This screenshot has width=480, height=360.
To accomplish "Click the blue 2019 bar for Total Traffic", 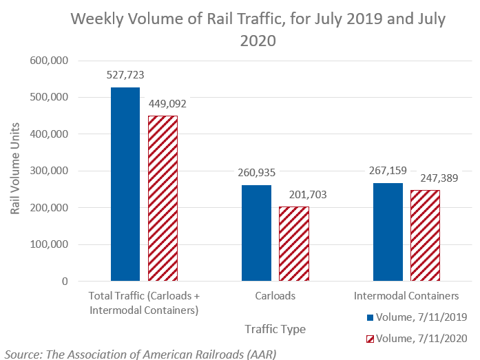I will point(125,184).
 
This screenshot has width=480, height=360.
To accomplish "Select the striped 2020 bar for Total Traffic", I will point(163,198).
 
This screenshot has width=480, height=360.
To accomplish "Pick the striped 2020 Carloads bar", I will point(293,244).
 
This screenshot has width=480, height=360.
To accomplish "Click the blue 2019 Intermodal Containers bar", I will point(388,232).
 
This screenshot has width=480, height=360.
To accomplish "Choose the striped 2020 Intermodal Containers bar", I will point(425,235).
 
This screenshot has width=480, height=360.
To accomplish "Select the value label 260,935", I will point(255,173).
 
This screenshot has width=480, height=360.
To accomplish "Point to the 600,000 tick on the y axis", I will point(49,61).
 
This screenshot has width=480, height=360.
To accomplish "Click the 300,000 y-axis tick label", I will point(49,171).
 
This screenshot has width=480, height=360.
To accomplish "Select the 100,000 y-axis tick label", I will point(49,244).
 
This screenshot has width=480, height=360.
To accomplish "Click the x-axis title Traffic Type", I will point(275,329).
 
